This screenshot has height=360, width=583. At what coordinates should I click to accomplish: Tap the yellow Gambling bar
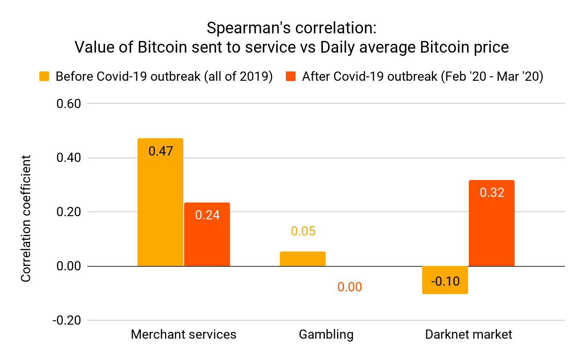point(302,259)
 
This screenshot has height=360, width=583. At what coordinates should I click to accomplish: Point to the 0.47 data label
point(160,151)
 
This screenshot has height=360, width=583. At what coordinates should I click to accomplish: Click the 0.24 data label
point(207,215)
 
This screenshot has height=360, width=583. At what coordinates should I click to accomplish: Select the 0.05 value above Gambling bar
point(303,231)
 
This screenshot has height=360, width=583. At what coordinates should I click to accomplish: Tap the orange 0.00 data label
point(349,287)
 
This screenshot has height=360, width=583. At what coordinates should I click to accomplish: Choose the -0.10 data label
point(445,281)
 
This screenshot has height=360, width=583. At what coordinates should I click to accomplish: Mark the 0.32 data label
point(492,192)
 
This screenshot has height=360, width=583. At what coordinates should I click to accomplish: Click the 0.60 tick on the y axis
point(68,104)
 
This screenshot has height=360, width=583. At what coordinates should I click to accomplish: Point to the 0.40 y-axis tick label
point(68,157)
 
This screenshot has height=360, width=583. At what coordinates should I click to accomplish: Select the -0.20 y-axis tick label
point(66,320)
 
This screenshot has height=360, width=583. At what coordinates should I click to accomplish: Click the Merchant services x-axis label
point(183,334)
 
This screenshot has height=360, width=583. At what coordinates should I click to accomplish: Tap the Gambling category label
point(326,334)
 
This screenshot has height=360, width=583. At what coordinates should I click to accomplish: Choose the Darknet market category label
point(468,334)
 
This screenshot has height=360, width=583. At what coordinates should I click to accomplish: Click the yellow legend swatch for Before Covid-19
point(44,76)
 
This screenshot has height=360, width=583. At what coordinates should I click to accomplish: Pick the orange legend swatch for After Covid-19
point(291,76)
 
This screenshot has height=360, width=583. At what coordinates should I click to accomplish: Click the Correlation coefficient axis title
point(26,219)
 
